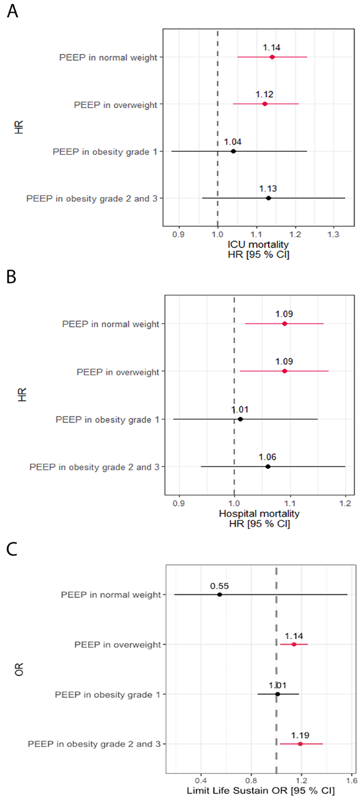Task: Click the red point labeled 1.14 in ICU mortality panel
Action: pos(272,57)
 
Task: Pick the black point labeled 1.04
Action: pos(233,151)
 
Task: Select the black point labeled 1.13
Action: pos(268,198)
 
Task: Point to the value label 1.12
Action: pos(264,95)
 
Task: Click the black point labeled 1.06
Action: pos(268,466)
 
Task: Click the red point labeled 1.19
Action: pos(300,744)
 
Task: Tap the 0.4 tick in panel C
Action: pos(200,776)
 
